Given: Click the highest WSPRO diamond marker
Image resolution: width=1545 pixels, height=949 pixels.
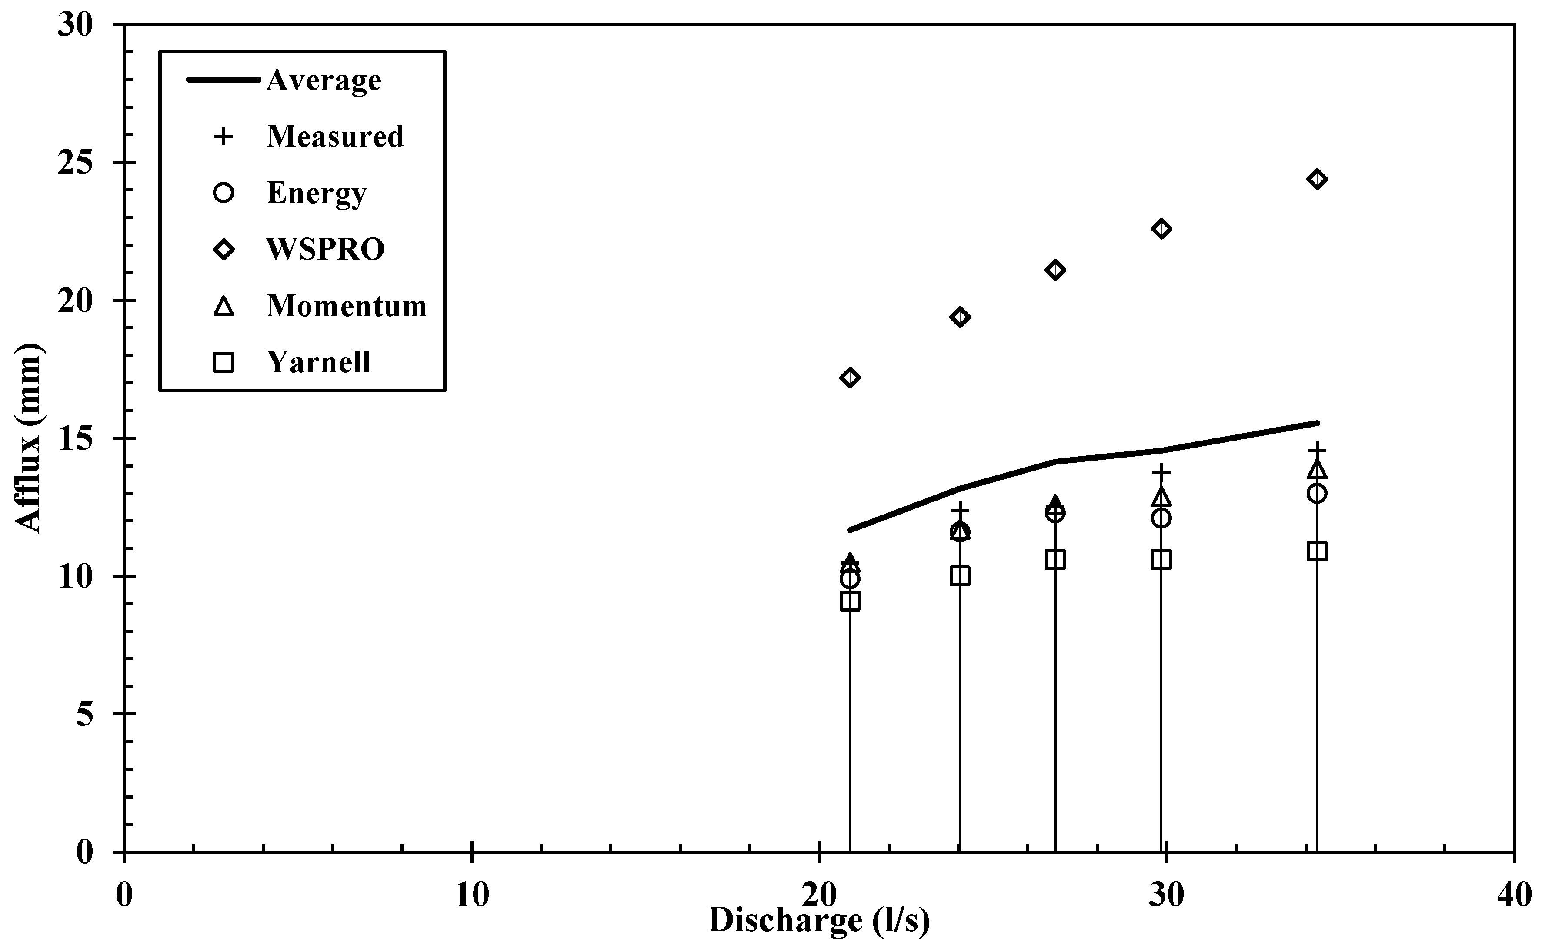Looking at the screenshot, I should coord(1317,179).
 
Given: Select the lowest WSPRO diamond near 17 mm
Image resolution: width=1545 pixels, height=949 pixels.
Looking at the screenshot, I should coord(850,377).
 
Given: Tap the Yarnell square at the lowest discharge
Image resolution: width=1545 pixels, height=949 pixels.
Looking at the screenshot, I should coord(850,601).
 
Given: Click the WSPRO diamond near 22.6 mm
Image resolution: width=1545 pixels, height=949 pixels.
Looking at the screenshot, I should coord(1161,228).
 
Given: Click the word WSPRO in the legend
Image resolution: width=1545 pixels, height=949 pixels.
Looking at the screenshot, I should coord(325,249).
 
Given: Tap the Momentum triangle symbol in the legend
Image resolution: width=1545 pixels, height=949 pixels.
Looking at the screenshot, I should coord(224,306).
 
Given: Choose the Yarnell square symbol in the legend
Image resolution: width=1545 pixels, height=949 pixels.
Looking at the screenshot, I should coord(224,362).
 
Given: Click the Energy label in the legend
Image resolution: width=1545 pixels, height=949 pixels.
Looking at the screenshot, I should coord(316,193).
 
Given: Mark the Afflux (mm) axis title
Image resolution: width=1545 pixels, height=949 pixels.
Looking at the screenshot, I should coord(27,438).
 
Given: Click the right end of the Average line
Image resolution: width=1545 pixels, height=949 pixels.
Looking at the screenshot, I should coord(1317,423).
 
